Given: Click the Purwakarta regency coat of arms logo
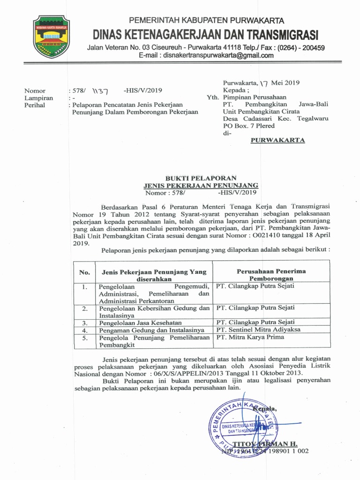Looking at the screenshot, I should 51,36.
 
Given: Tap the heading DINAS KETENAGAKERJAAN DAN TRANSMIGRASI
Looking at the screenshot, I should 205,35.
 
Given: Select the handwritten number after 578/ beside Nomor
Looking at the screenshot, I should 100,91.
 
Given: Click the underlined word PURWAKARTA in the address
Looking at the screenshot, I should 278,140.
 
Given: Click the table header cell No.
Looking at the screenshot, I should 84,272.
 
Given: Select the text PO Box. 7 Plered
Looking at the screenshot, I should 249,126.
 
